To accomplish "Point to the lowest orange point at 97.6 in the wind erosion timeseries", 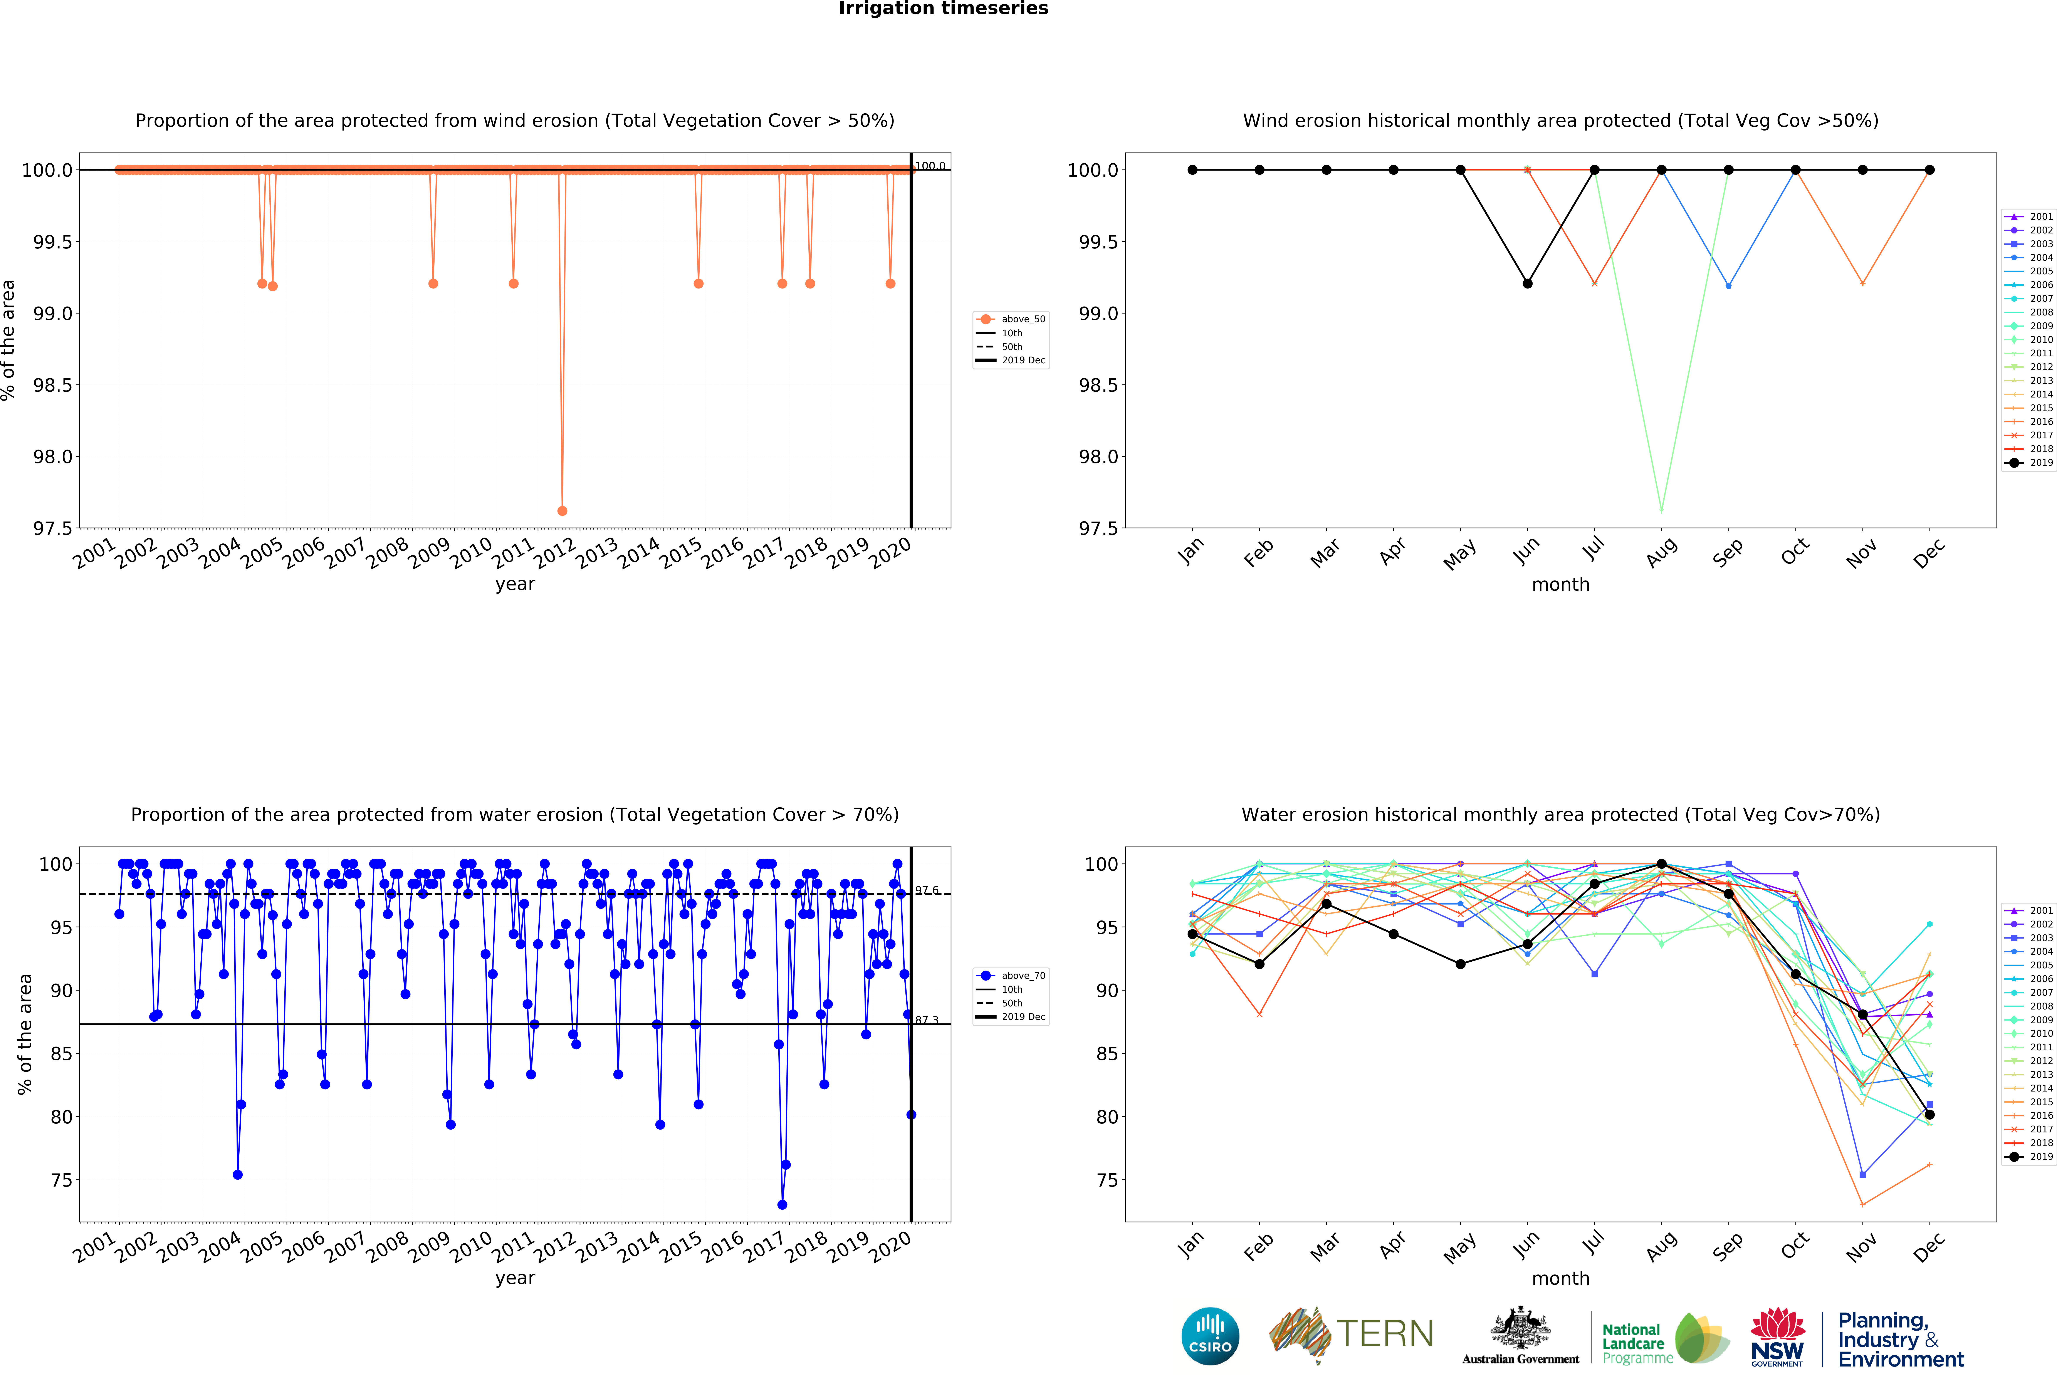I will pos(562,511).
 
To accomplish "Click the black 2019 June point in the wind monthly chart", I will pos(1528,283).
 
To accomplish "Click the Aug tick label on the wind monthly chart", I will pos(1661,551).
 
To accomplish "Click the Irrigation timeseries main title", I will pos(943,9).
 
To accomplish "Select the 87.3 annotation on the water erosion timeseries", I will pos(927,1020).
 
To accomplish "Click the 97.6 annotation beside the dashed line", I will pos(927,890).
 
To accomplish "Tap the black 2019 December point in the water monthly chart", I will pos(1929,1115).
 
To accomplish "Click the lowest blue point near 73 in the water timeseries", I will pos(782,1204).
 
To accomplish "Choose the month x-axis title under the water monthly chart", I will pos(1560,1279).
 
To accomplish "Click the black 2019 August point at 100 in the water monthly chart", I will pos(1661,864).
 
